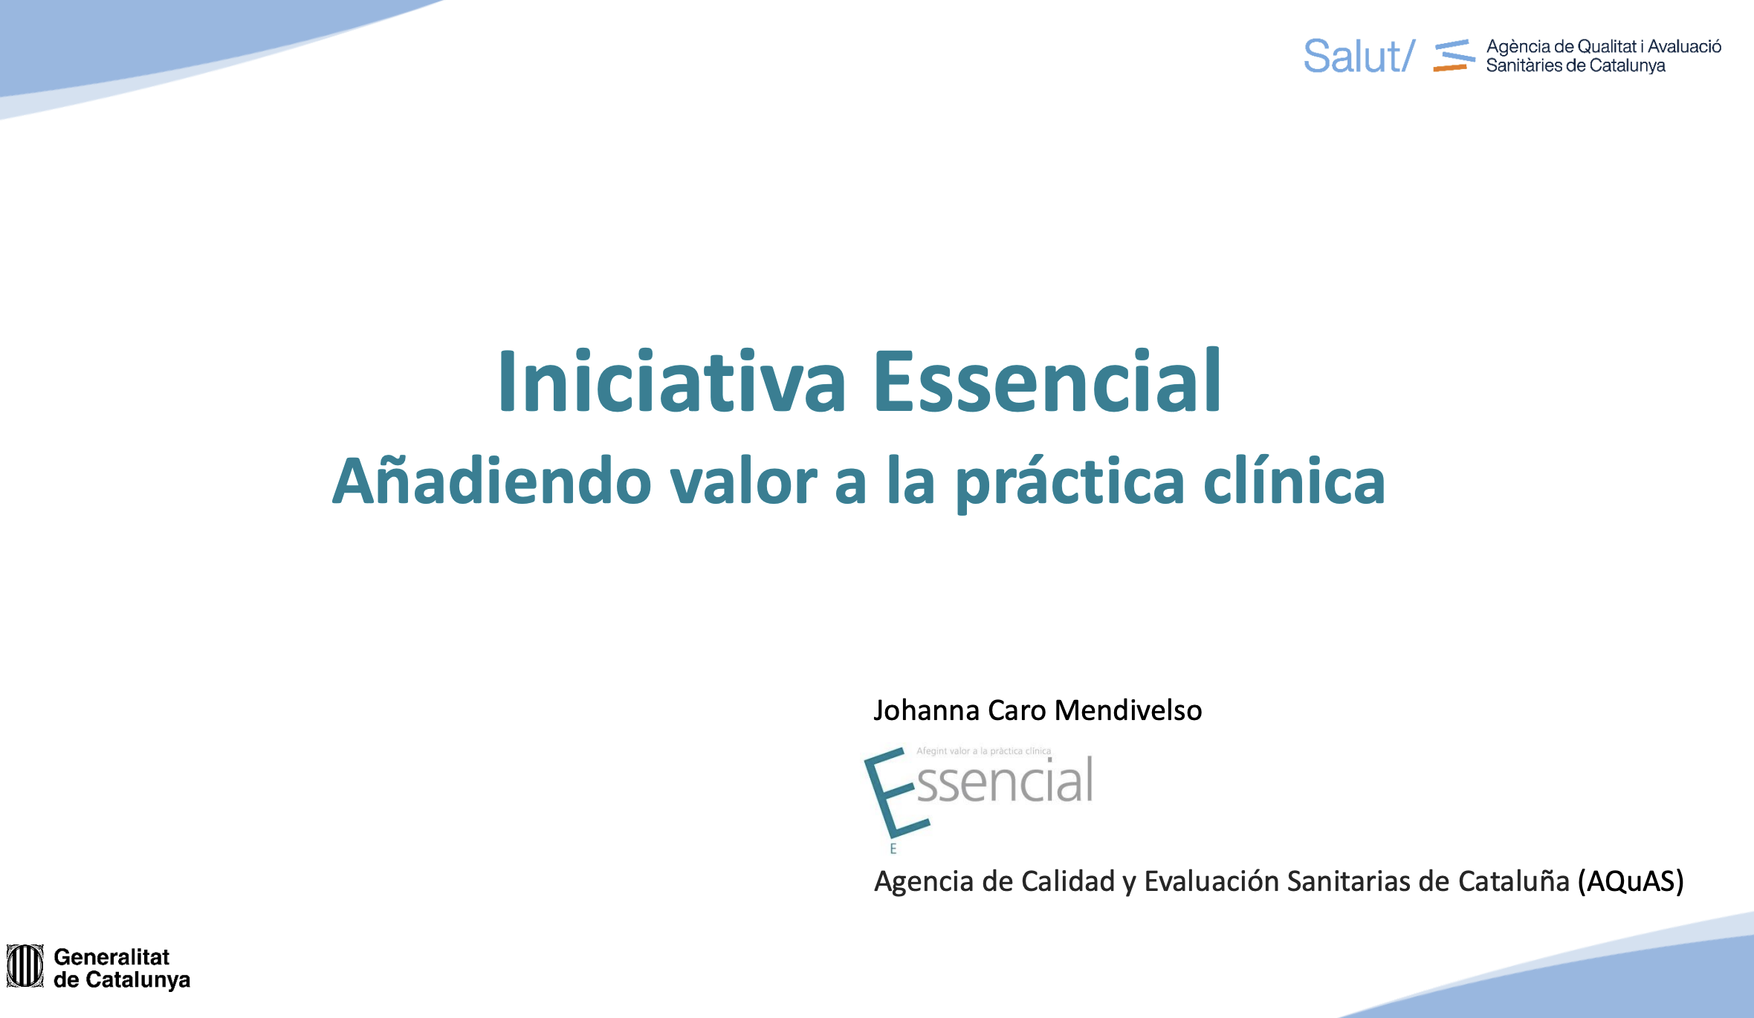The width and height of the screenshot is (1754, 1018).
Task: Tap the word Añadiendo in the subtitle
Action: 492,481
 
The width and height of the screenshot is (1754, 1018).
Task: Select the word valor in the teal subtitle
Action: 743,481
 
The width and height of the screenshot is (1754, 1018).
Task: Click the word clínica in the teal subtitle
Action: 1294,481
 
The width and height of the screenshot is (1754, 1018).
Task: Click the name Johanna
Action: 927,710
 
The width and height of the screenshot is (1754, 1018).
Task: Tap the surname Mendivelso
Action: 1128,710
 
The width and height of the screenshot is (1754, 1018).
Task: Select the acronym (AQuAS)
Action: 1631,881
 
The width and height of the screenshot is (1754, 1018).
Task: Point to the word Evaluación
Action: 1211,881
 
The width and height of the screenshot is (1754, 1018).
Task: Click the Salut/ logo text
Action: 1359,56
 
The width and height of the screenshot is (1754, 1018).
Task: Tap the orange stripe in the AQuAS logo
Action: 1449,68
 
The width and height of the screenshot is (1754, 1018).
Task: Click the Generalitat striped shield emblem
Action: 25,966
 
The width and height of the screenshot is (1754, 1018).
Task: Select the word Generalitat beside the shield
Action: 111,956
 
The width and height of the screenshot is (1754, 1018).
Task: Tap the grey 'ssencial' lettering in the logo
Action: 1005,781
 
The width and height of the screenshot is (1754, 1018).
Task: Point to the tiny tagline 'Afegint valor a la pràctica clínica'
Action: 983,751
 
